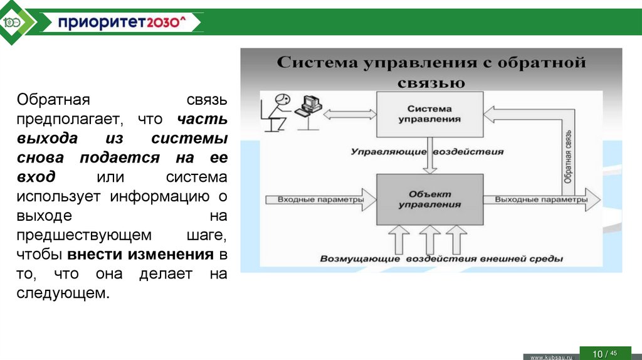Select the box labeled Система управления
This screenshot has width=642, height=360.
coord(429,114)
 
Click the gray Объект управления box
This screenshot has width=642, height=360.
coord(429,199)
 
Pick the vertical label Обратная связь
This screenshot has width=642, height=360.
coord(567,157)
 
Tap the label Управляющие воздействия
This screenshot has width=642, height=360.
coord(427,152)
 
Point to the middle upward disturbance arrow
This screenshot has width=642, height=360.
coord(429,240)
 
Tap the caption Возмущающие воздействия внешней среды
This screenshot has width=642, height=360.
coord(441,258)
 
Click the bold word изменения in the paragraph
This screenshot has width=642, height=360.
coord(171,255)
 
